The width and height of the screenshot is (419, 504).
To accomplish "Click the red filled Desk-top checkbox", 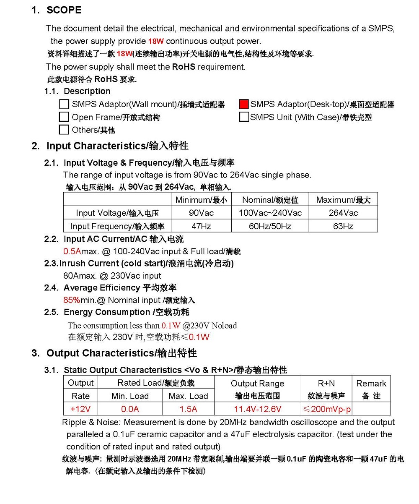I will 244,104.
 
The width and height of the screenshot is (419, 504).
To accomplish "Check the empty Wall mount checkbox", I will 64,104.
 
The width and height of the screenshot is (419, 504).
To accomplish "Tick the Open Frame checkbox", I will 64,117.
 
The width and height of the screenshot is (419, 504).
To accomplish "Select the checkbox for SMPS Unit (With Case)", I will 244,117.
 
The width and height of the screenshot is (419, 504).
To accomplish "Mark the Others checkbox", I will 64,130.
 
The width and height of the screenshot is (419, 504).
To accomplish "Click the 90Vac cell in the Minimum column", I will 201,213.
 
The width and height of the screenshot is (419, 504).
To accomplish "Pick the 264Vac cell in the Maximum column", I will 343,213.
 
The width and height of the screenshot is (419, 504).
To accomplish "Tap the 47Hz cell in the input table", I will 201,226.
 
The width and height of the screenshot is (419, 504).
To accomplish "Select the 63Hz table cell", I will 343,226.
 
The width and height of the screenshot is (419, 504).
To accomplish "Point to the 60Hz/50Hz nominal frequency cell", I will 270,226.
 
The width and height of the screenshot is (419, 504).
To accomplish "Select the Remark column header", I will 371,384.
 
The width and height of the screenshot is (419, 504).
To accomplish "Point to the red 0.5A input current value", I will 72,252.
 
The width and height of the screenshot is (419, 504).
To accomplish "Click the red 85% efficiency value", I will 72,300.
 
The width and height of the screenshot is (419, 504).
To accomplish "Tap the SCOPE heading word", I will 64,10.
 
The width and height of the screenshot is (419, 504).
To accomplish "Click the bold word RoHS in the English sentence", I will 184,67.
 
